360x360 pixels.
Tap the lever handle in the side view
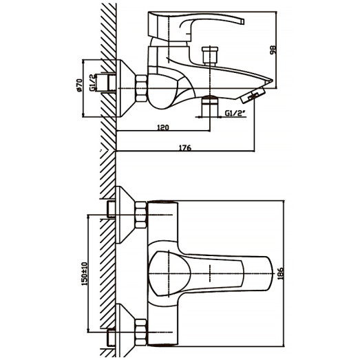pos(200,25)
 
